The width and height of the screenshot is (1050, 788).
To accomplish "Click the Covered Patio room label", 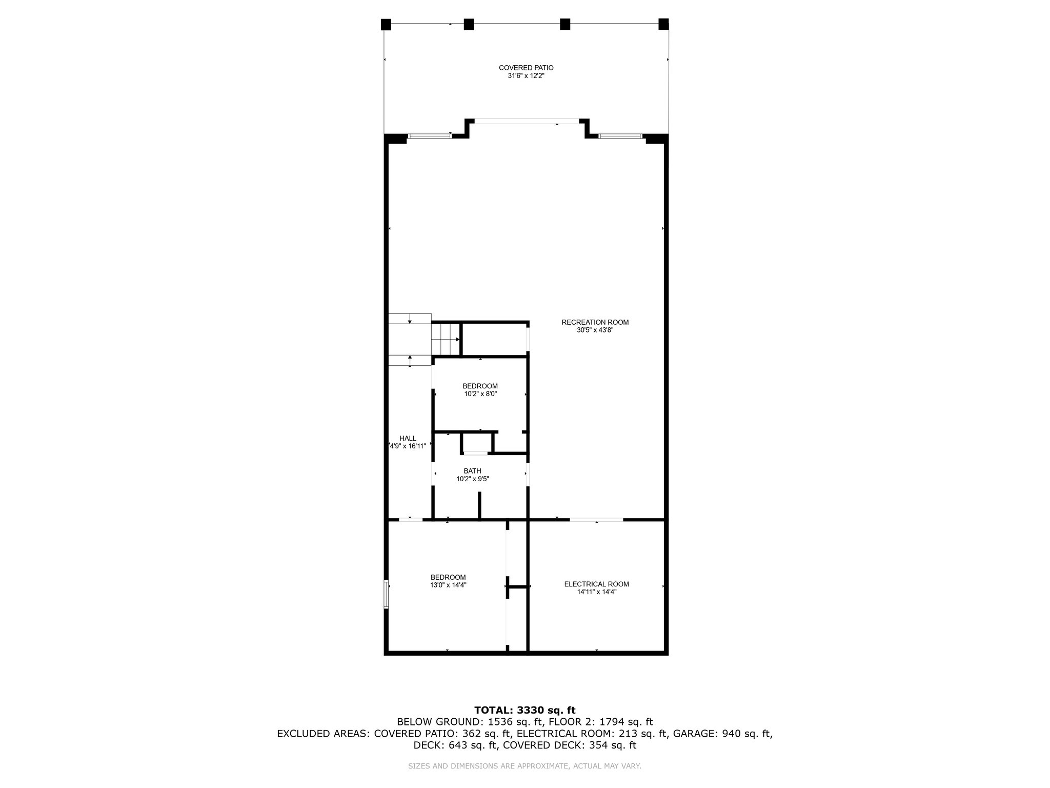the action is pos(526,68).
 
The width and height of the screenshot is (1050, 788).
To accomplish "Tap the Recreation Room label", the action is pos(595,322).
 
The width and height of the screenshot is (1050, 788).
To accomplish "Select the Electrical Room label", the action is pos(596,584).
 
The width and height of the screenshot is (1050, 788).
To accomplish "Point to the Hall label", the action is pos(408,438).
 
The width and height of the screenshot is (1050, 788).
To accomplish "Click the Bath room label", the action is pos(472,471).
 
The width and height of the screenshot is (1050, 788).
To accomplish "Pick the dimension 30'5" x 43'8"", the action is pos(595,330).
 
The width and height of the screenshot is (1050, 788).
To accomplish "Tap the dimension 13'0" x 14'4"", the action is pos(448,585).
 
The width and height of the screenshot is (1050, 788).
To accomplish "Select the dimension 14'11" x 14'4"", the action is pos(596,592).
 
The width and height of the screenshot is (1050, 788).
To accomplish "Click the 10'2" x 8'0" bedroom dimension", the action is pos(480,394).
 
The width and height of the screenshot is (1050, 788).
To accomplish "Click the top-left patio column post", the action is pos(386,24).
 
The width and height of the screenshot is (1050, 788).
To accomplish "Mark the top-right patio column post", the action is pos(663,24).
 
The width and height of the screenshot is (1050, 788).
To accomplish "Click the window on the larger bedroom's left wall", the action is pos(386,594).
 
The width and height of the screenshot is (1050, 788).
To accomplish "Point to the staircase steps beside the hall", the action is pos(446,338).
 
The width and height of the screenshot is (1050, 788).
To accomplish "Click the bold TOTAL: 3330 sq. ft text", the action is pos(525,710).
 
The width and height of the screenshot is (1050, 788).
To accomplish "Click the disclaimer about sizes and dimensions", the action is pos(524,766).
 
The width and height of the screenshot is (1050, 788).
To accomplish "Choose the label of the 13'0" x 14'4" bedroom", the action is pos(448,577).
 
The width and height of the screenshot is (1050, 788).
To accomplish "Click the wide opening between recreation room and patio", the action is pos(527,122).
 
